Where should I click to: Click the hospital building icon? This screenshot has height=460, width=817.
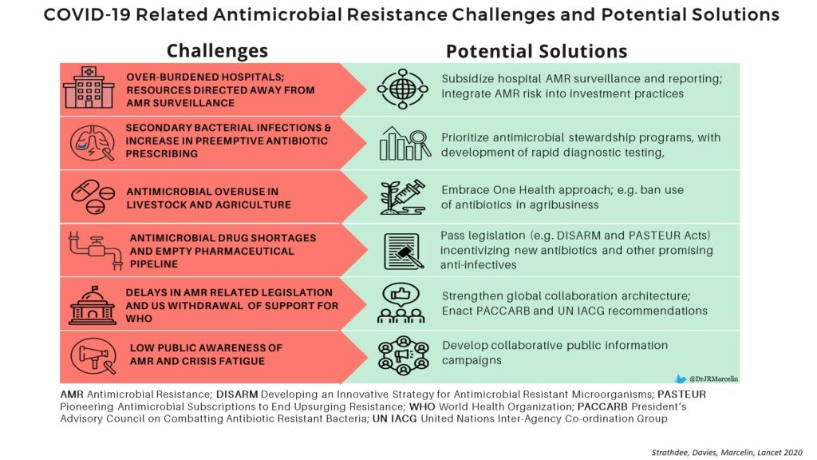pyautogui.click(x=89, y=87)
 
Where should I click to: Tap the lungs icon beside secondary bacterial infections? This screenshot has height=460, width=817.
pyautogui.click(x=93, y=142)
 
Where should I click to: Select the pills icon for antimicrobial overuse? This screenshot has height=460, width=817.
pyautogui.click(x=93, y=197)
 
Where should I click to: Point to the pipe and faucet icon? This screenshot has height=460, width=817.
pyautogui.click(x=96, y=250)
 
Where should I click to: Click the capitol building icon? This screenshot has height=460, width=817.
pyautogui.click(x=93, y=306)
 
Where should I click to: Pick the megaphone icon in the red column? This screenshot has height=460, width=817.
pyautogui.click(x=93, y=356)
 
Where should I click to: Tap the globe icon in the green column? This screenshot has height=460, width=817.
pyautogui.click(x=403, y=89)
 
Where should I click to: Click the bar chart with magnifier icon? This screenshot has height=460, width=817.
pyautogui.click(x=405, y=143)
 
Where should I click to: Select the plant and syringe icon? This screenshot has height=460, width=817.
pyautogui.click(x=402, y=197)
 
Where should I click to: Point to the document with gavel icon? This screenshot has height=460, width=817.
pyautogui.click(x=404, y=252)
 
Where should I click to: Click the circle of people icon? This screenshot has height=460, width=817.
pyautogui.click(x=404, y=355)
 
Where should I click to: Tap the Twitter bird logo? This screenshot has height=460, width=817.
pyautogui.click(x=681, y=379)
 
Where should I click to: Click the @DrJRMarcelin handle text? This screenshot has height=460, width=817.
pyautogui.click(x=713, y=379)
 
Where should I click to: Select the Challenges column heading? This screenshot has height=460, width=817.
pyautogui.click(x=217, y=50)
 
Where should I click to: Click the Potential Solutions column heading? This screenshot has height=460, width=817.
pyautogui.click(x=537, y=51)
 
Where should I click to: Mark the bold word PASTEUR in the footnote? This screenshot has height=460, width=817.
pyautogui.click(x=681, y=395)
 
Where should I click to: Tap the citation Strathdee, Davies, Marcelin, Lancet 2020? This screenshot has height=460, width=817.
pyautogui.click(x=727, y=453)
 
